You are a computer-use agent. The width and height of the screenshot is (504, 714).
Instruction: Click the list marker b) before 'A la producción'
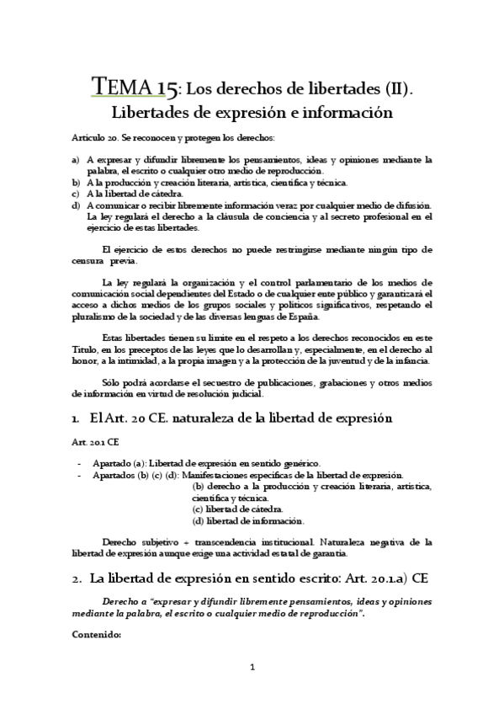coord(77,182)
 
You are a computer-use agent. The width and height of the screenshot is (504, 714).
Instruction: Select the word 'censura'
coord(88,262)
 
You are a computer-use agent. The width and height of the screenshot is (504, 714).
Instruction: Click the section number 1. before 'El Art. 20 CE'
coord(77,418)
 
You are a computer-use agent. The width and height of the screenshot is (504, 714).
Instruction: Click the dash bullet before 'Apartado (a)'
coord(80,463)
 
